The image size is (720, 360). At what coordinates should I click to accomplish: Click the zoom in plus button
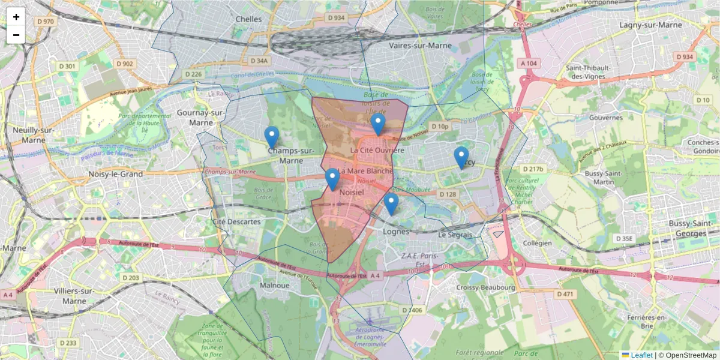[x=16, y=17]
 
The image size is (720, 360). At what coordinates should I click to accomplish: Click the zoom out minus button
[x=16, y=35]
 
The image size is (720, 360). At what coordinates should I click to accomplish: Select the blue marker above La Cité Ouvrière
[x=377, y=124]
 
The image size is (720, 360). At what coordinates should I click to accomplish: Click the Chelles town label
[x=248, y=19]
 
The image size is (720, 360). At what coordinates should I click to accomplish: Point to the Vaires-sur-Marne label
[x=420, y=46]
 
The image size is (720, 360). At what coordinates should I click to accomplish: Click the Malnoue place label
[x=275, y=286]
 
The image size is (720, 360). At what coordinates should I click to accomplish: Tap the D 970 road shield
[x=45, y=22]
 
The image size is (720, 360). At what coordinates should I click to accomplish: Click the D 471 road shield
[x=565, y=294]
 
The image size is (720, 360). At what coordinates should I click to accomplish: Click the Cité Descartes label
[x=236, y=221]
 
